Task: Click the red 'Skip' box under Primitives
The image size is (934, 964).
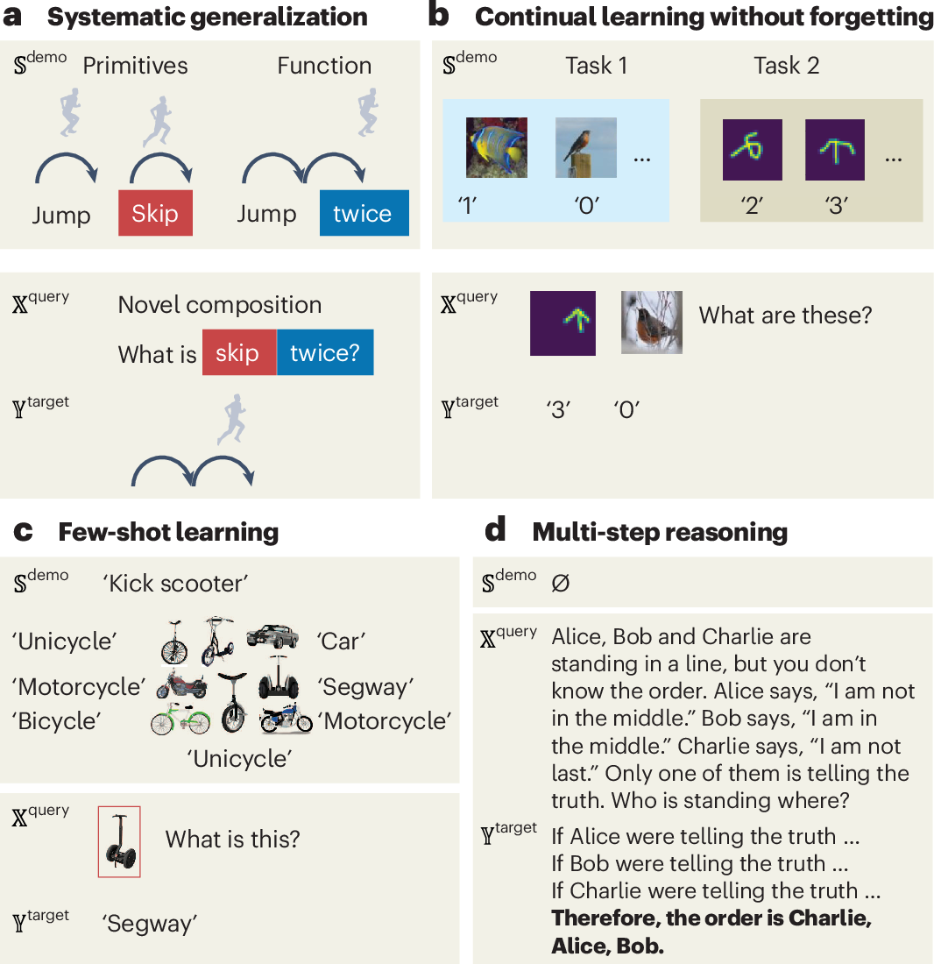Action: pyautogui.click(x=155, y=214)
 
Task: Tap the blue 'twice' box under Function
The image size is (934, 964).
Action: pyautogui.click(x=364, y=214)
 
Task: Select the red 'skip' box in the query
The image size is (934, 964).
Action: pyautogui.click(x=238, y=352)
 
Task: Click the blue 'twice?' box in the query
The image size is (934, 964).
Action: pyautogui.click(x=325, y=352)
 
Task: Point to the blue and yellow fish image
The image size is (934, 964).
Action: pyautogui.click(x=496, y=148)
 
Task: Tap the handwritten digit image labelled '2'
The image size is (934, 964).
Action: pyautogui.click(x=752, y=150)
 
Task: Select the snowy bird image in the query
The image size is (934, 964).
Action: pyautogui.click(x=652, y=323)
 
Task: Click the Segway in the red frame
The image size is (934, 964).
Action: pyautogui.click(x=119, y=841)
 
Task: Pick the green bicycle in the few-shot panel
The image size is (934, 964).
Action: pyautogui.click(x=180, y=720)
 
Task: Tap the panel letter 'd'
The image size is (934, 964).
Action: pyautogui.click(x=494, y=530)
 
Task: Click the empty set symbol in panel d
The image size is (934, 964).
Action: pyautogui.click(x=561, y=582)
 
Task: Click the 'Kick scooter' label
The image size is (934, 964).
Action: pyautogui.click(x=175, y=584)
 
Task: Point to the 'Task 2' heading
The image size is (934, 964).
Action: pyautogui.click(x=786, y=66)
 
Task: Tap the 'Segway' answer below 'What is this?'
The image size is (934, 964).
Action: pyautogui.click(x=150, y=923)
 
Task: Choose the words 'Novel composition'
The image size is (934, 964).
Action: pyautogui.click(x=219, y=305)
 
